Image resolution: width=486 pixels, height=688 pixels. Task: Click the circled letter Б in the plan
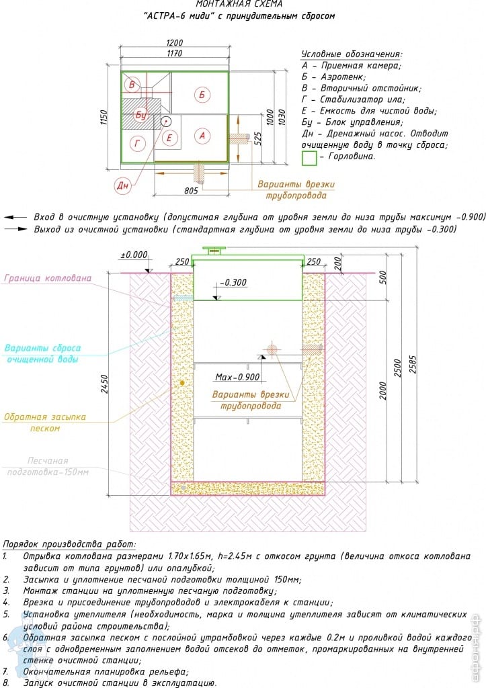click(202, 94)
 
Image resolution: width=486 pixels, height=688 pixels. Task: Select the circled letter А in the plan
click(202, 136)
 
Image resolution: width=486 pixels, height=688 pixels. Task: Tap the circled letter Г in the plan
click(137, 143)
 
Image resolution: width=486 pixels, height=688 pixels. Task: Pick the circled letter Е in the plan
click(169, 138)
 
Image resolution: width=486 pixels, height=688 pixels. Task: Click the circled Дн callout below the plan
click(122, 185)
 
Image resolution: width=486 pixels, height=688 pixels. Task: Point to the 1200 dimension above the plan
click(174, 42)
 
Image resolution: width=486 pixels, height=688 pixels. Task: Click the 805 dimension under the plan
click(191, 190)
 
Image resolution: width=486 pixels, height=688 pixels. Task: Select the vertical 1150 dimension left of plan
click(104, 117)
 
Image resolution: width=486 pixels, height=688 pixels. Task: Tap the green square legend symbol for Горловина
click(309, 158)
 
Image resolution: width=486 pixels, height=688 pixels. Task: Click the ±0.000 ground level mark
click(134, 255)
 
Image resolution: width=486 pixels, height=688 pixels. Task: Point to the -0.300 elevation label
click(233, 282)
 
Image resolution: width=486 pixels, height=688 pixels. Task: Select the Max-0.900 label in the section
click(237, 377)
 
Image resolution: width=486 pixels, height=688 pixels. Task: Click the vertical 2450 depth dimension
click(104, 384)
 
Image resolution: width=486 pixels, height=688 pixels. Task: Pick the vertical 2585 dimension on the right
click(413, 365)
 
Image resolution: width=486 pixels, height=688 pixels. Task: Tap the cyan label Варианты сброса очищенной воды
click(42, 353)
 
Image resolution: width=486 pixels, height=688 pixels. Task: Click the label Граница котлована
click(48, 277)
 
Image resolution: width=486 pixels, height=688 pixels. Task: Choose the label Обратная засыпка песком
click(45, 422)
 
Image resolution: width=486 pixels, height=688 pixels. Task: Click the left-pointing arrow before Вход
click(15, 217)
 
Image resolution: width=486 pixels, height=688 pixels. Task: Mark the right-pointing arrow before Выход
click(15, 229)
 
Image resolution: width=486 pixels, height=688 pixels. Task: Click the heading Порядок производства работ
click(69, 544)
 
